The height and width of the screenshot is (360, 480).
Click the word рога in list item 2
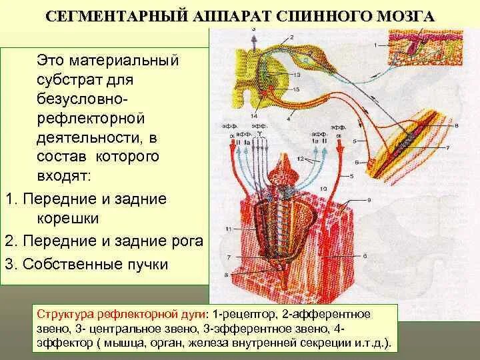click(187, 241)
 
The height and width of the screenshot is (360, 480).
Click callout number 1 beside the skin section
click(375, 44)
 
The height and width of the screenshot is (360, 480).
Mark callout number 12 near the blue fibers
click(301, 158)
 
